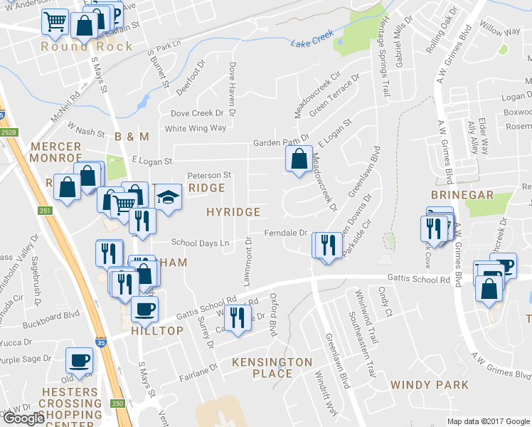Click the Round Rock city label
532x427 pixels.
click(x=87, y=46)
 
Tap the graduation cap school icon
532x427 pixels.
click(x=168, y=198)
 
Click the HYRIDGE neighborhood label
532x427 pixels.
click(x=233, y=212)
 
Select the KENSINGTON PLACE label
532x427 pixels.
click(x=272, y=368)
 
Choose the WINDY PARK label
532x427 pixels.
click(x=429, y=385)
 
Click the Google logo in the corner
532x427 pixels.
click(x=23, y=418)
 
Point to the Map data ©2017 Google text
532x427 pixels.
click(x=489, y=421)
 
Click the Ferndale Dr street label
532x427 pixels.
click(x=285, y=233)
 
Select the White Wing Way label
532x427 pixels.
click(x=195, y=128)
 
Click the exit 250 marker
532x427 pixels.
click(x=117, y=404)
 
